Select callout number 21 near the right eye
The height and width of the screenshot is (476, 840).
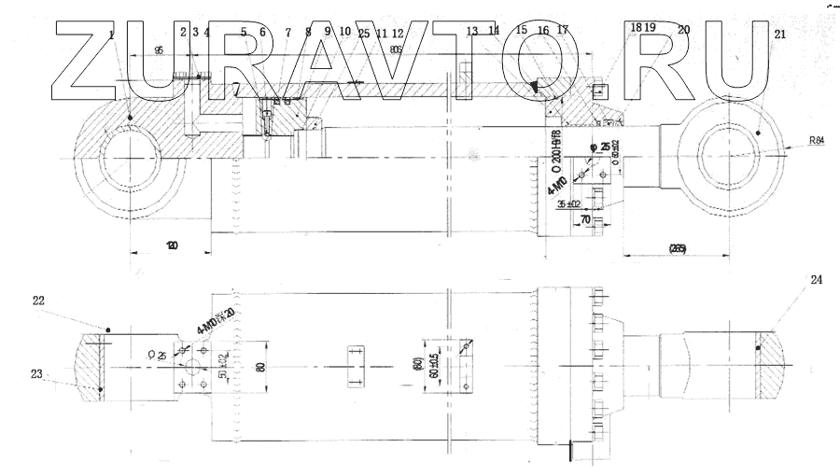click(779, 35)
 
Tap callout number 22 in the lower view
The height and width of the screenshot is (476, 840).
click(38, 300)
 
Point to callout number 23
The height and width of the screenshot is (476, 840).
click(35, 374)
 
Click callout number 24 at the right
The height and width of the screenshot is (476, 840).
click(816, 279)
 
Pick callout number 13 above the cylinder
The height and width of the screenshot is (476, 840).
click(472, 31)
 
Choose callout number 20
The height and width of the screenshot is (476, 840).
click(684, 30)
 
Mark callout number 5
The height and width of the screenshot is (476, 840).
click(244, 32)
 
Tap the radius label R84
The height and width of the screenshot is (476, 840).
click(817, 141)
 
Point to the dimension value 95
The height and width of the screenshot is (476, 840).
click(160, 49)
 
